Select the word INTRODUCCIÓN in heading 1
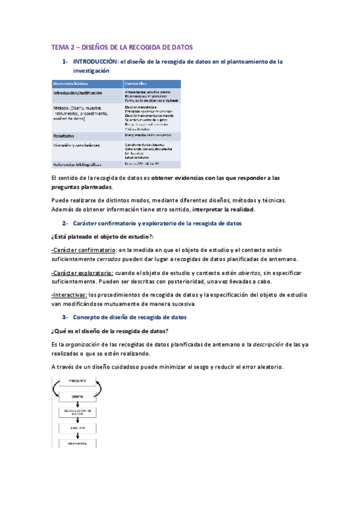pos(94,61)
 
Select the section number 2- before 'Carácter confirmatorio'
pos(66,223)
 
